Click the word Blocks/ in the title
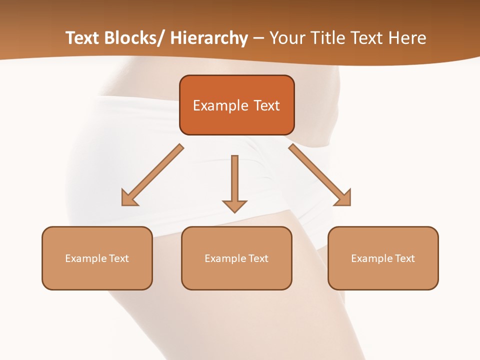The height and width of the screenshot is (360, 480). click(x=131, y=38)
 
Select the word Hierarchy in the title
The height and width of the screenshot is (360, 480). click(x=209, y=38)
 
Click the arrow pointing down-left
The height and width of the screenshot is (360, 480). click(x=152, y=175)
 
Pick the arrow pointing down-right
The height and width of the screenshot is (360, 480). click(x=320, y=175)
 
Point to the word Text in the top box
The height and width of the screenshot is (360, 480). click(x=266, y=105)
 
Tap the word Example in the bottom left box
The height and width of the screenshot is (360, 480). click(x=86, y=258)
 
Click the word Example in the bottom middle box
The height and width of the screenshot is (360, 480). click(x=225, y=258)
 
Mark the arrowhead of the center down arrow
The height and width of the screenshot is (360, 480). click(x=234, y=206)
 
